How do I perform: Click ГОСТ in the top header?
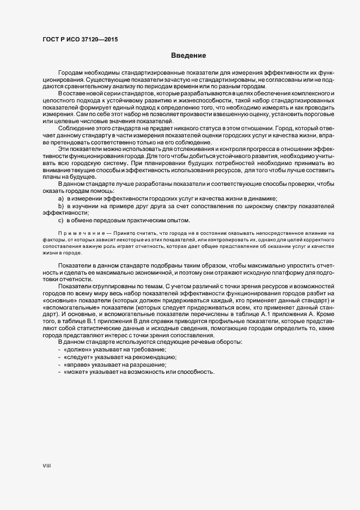[52, 39]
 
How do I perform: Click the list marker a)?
[61, 199]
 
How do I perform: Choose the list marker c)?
[61, 220]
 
